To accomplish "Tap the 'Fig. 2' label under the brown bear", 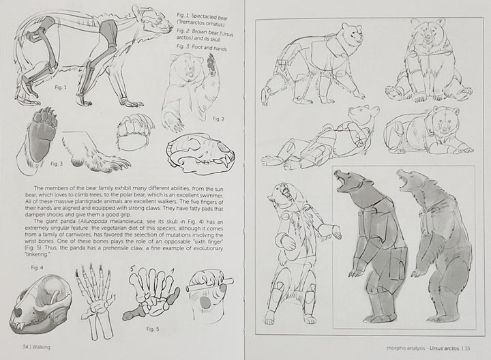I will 218,119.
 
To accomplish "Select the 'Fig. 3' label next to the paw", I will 57,164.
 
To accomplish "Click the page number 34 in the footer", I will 25,346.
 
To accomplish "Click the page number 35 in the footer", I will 466,346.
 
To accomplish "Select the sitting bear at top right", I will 424,61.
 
